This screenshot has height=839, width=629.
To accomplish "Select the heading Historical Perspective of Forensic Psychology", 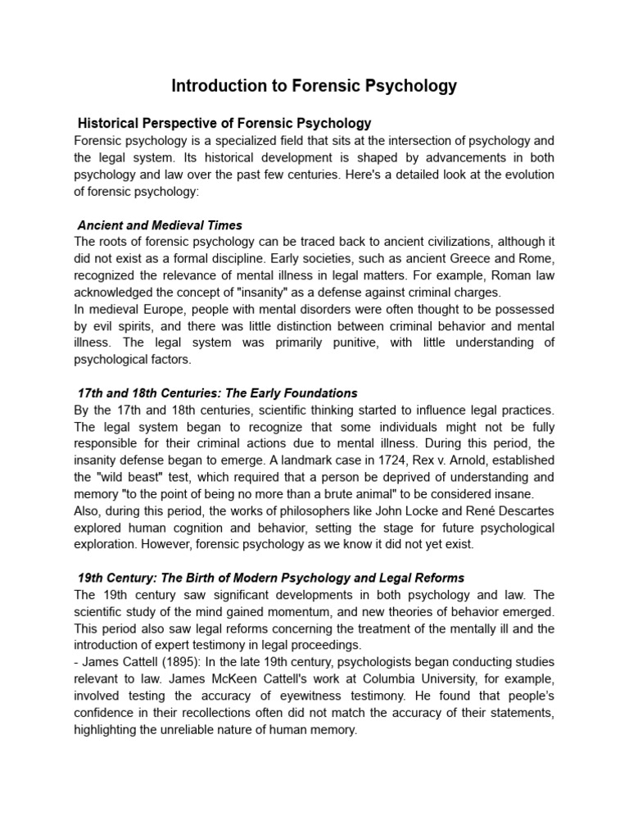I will click(x=224, y=124).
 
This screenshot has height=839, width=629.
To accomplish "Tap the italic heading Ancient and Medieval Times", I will click(x=160, y=225).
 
